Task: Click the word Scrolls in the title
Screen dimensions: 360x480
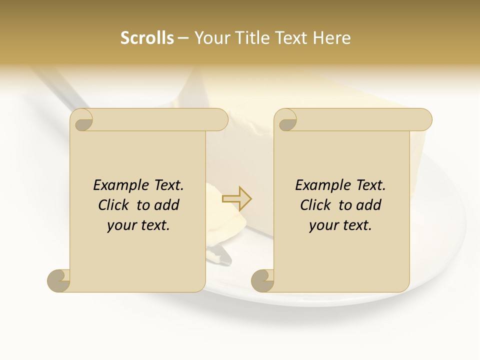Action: pyautogui.click(x=147, y=38)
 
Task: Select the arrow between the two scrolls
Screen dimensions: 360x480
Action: pyautogui.click(x=237, y=198)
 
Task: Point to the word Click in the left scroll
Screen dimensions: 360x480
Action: pyautogui.click(x=114, y=205)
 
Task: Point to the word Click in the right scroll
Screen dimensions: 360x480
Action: pyautogui.click(x=316, y=205)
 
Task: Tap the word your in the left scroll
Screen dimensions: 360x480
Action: pyautogui.click(x=120, y=225)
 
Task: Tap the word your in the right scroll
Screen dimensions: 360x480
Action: pyautogui.click(x=322, y=225)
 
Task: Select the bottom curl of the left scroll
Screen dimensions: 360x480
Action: pyautogui.click(x=58, y=280)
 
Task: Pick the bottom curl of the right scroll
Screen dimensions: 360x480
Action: pyautogui.click(x=262, y=280)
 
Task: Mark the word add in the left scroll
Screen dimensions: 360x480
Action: pyautogui.click(x=166, y=205)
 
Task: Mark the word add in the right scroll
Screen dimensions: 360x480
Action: pyautogui.click(x=368, y=205)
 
